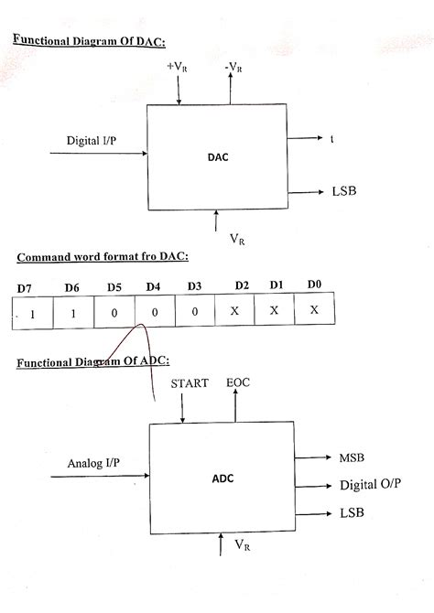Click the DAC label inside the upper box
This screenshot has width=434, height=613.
click(x=218, y=156)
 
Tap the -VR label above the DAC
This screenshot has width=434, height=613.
click(x=234, y=69)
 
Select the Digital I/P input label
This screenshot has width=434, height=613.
click(x=92, y=140)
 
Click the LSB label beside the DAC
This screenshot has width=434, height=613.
click(x=343, y=192)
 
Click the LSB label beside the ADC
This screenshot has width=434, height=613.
click(x=352, y=512)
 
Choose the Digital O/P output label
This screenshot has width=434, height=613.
click(x=370, y=484)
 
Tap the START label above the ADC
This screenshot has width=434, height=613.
click(x=190, y=383)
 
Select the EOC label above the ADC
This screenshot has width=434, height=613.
click(x=238, y=383)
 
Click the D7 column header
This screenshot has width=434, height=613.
click(x=24, y=289)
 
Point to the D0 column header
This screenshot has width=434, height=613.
click(x=314, y=285)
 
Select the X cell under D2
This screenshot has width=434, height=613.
click(x=234, y=311)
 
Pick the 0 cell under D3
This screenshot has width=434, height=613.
click(x=194, y=312)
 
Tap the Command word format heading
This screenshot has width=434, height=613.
click(x=102, y=257)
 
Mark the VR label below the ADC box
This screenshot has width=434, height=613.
click(x=244, y=545)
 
